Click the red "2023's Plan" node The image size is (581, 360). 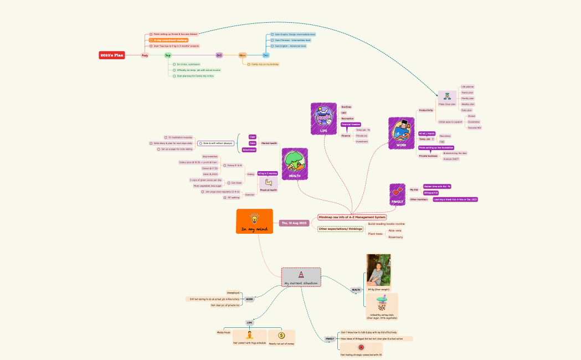112,55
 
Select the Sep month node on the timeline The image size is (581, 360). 168,55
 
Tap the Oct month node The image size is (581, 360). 219,55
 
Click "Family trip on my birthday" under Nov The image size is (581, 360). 265,64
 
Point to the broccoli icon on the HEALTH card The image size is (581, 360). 294,161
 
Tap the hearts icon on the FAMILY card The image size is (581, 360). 397,192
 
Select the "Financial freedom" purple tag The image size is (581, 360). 351,125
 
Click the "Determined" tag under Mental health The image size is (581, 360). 249,150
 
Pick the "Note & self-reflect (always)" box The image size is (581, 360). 213,143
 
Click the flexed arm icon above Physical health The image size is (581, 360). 269,182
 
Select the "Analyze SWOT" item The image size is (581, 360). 451,159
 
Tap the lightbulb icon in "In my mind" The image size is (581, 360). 255,218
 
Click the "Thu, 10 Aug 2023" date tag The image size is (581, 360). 294,223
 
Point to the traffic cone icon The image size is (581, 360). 301,274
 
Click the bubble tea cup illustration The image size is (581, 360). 382,304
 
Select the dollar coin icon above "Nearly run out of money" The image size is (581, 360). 281,335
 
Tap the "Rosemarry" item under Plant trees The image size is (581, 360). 395,237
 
